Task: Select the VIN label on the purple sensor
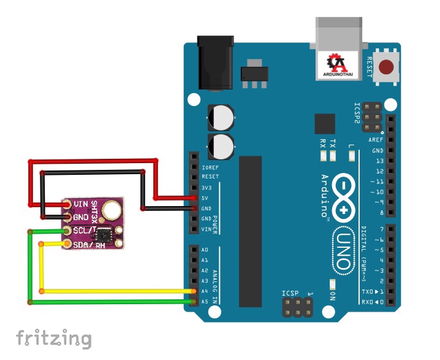(82, 204)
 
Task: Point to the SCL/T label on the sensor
(85, 230)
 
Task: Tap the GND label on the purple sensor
(81, 216)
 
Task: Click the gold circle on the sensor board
(112, 210)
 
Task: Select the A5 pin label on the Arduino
(205, 301)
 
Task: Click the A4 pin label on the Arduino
(205, 291)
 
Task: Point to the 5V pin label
(206, 197)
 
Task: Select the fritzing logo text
(54, 339)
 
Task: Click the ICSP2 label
(357, 113)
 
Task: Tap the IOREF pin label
(210, 166)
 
